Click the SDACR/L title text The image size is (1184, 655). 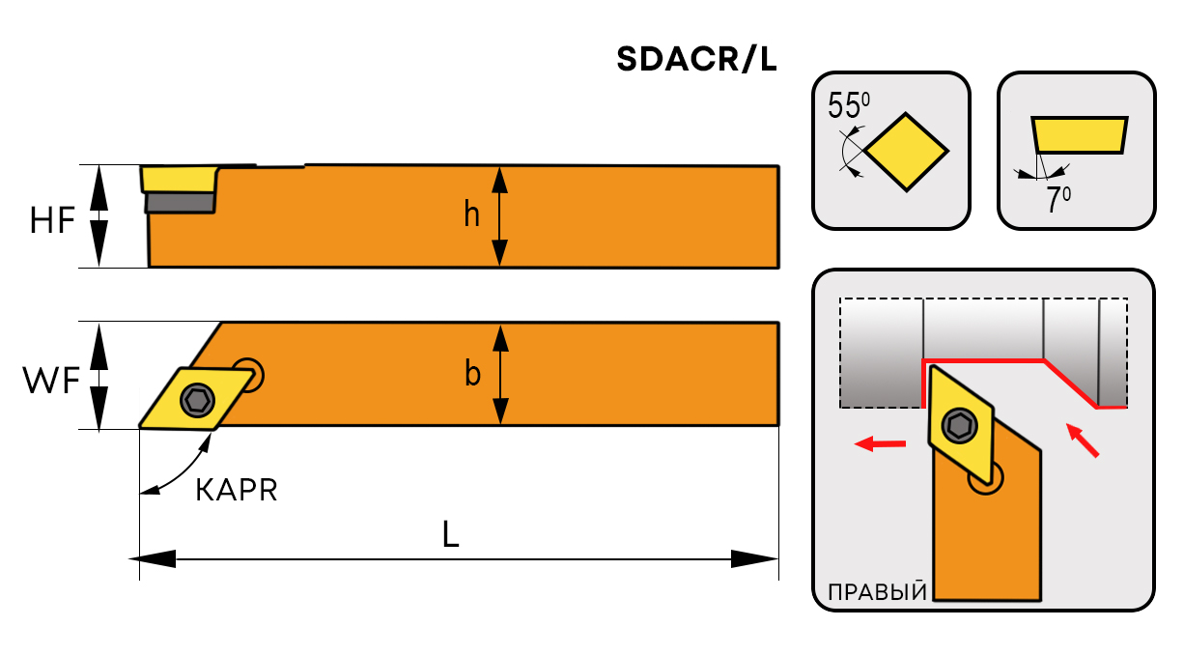pos(695,61)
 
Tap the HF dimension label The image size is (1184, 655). pos(52,221)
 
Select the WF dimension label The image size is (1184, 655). pos(51,382)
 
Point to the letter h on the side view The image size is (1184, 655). pos(471,214)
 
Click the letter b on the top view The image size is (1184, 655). pos(472,374)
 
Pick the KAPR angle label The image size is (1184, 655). pos(237,491)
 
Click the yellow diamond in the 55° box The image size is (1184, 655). pos(906,151)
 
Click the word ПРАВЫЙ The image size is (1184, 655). pos(873,590)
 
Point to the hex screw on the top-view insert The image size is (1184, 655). pos(197,398)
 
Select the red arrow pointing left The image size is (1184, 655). pos(881,444)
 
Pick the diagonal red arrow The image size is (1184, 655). pos(1084,440)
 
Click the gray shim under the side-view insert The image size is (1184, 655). pos(180,202)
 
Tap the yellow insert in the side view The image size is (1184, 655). pos(178,179)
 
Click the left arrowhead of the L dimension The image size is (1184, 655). pos(151,558)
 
